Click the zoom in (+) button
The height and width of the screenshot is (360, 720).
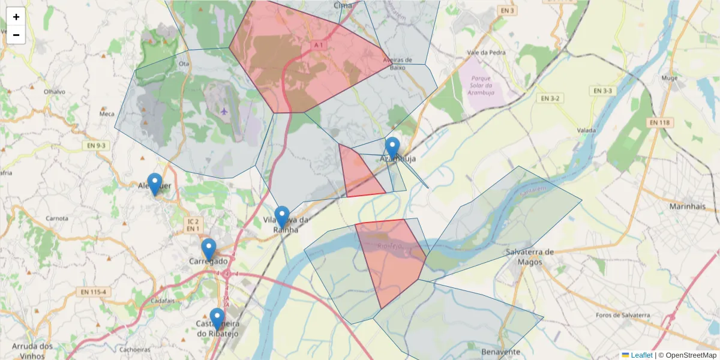[16, 17]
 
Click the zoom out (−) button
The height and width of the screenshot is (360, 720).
[16, 35]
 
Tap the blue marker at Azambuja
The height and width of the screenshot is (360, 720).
[392, 148]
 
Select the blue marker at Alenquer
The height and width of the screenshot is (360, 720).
[155, 184]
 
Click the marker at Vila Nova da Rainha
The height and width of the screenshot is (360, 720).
[282, 217]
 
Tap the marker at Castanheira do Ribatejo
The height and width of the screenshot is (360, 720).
[217, 319]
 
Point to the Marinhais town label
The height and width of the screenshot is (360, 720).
[687, 206]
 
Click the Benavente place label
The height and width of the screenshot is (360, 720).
[500, 352]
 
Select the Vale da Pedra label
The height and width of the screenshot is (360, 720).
[486, 52]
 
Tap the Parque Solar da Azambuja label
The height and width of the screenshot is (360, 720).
[482, 85]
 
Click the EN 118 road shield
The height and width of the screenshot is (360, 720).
[661, 122]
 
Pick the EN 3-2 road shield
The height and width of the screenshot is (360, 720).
[550, 98]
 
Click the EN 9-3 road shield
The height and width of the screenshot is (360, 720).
[95, 145]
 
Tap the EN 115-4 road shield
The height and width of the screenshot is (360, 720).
[94, 292]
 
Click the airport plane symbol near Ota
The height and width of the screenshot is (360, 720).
[224, 110]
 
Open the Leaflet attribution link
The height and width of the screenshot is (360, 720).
[641, 355]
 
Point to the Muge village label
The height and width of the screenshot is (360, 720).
[669, 78]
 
